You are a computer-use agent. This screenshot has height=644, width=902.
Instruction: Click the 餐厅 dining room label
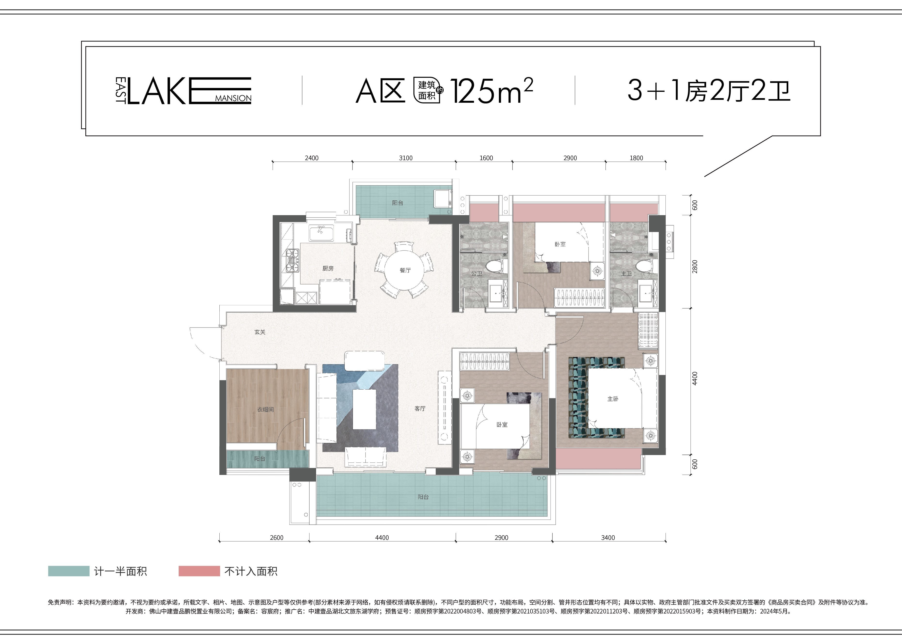click(405, 270)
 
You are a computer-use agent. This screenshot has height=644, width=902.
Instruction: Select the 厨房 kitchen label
click(328, 268)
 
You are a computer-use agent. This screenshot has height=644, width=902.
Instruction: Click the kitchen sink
click(321, 233)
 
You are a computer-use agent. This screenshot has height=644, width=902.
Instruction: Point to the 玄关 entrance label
click(260, 332)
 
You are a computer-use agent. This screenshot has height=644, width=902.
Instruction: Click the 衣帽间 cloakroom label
click(265, 409)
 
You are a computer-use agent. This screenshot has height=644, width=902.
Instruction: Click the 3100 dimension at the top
click(405, 158)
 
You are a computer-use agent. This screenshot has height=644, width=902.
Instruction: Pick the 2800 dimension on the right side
click(694, 267)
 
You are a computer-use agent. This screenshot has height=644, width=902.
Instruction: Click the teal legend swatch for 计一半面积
click(69, 571)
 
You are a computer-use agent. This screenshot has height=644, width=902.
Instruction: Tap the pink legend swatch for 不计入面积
click(199, 571)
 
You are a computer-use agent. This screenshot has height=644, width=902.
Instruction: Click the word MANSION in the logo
click(233, 98)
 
